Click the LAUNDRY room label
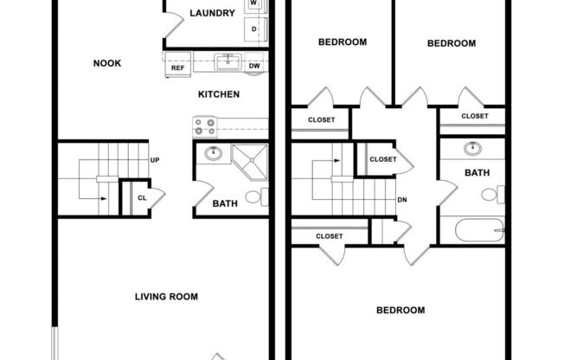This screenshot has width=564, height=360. (x=212, y=13)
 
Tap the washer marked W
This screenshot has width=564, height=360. (x=254, y=4)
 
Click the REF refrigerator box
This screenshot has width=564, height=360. (x=178, y=67)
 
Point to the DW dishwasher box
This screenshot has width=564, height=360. (x=254, y=66)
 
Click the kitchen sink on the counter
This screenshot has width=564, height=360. (x=228, y=61)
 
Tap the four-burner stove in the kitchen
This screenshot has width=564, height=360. (x=205, y=127)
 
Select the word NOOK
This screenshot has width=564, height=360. (x=107, y=63)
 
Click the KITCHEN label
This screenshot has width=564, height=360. (x=219, y=94)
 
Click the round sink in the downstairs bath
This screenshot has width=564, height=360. (x=213, y=154)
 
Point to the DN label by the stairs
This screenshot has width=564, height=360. (x=402, y=200)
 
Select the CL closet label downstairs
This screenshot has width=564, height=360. (x=142, y=198)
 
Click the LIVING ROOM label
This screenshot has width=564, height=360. (x=166, y=297)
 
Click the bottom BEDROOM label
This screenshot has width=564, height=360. (x=401, y=310)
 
